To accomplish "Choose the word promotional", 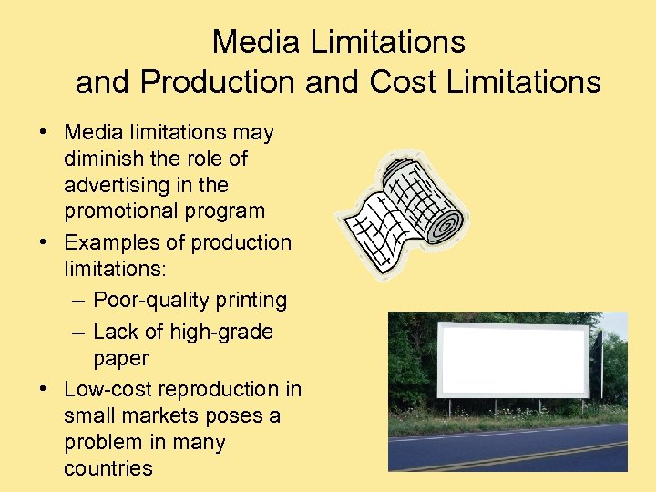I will tap(116, 211).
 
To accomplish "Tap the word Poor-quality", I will tap(144, 300).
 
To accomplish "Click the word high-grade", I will tap(221, 332).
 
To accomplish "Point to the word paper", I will tap(120, 358).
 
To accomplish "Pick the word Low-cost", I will tap(108, 389).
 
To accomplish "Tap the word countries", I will tap(108, 469).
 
